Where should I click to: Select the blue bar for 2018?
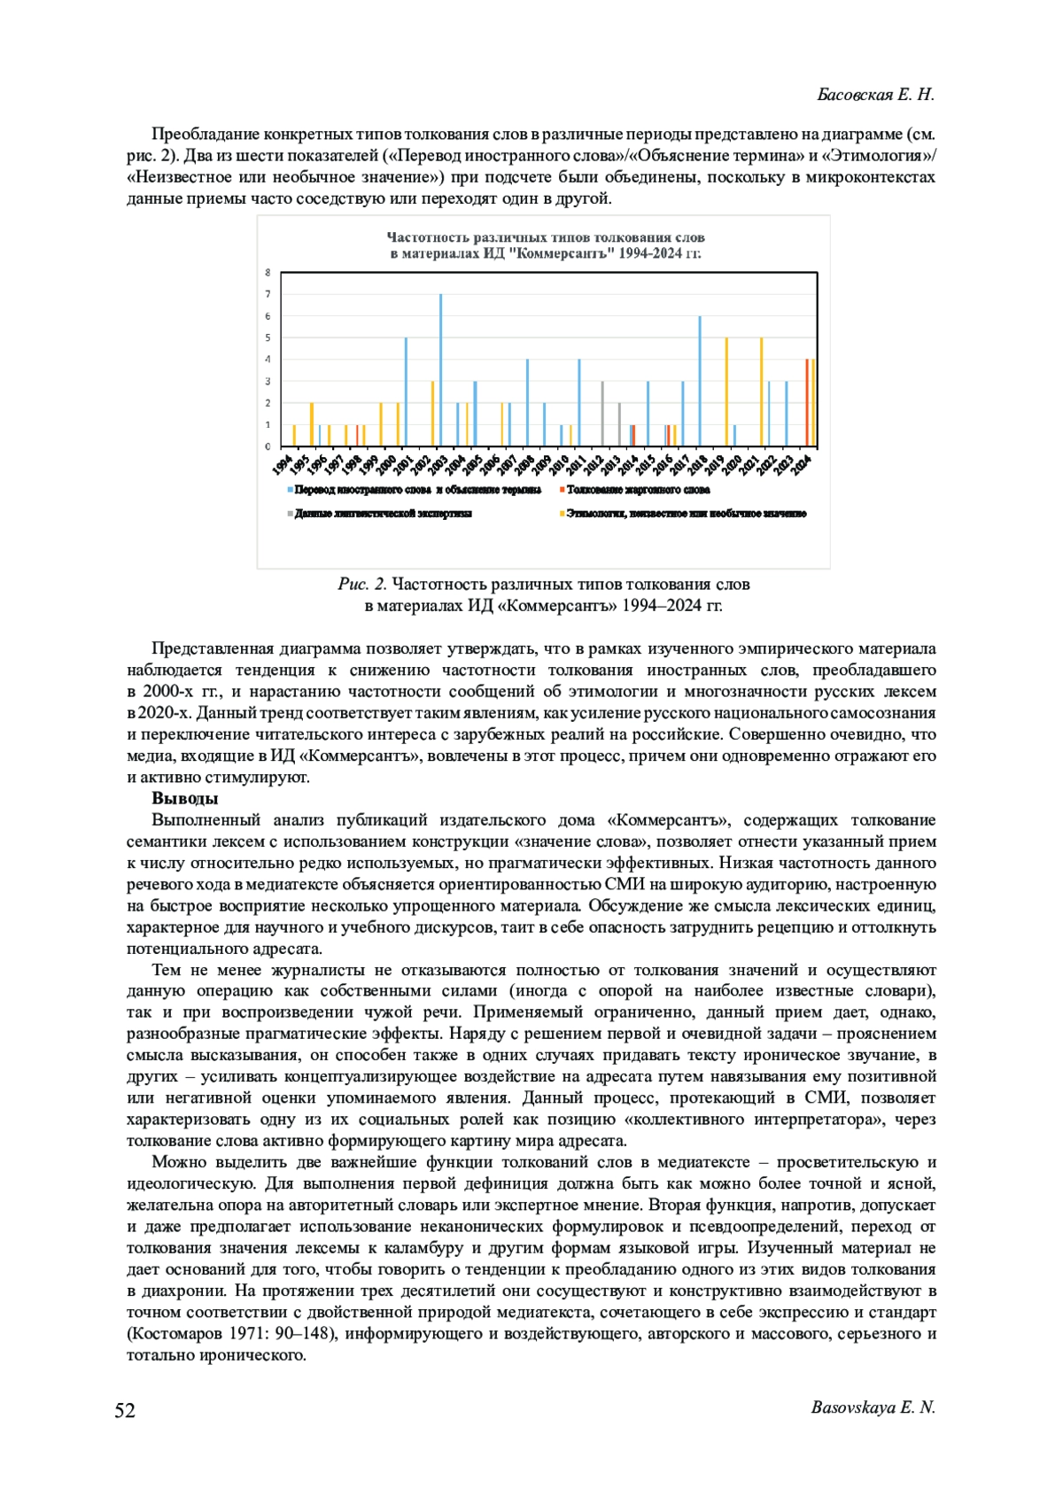click(x=700, y=381)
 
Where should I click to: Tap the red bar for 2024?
click(x=806, y=402)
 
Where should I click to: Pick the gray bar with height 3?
click(x=602, y=414)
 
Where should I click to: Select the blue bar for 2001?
click(x=406, y=392)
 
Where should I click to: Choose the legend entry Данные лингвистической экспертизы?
click(x=383, y=514)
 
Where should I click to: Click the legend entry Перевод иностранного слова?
click(x=417, y=489)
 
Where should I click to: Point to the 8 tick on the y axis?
click(x=268, y=273)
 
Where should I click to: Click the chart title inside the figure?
click(x=546, y=245)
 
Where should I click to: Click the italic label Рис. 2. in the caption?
click(x=362, y=585)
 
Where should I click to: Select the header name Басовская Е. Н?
click(x=875, y=95)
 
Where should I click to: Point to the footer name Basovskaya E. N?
click(x=873, y=1407)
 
